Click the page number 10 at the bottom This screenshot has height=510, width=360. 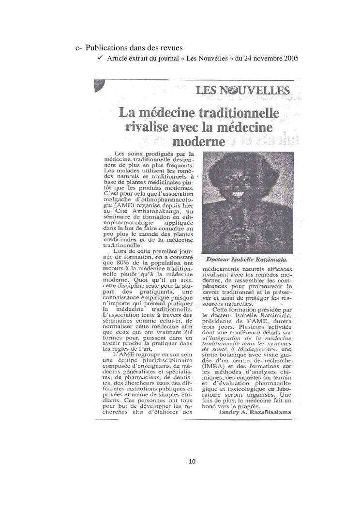coord(192,462)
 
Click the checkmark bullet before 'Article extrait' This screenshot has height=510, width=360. coord(99,59)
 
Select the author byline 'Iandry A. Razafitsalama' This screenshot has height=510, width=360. coord(259,412)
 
